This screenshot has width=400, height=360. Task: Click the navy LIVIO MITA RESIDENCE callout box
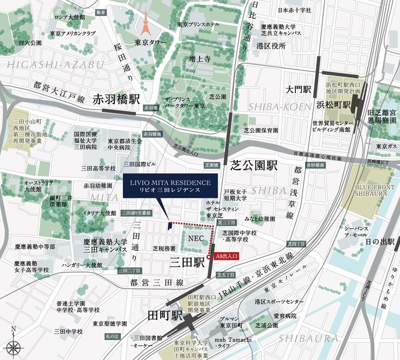(170, 187)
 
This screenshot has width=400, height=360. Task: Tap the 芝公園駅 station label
(253, 165)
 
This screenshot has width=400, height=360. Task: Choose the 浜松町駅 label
(333, 105)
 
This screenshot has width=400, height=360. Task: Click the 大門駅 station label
(298, 89)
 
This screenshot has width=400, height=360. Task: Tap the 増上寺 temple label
(200, 60)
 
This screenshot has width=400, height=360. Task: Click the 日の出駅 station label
(380, 241)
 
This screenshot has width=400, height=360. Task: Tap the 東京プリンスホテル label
(198, 24)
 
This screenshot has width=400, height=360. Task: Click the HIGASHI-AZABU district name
(50, 64)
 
